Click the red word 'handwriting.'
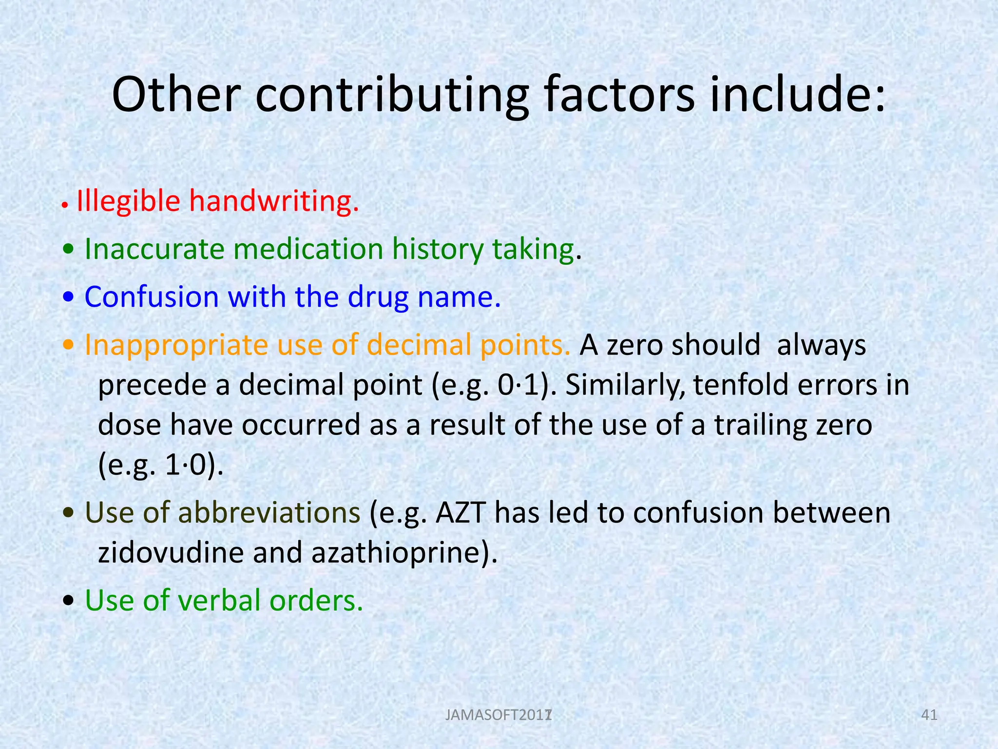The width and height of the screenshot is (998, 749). click(x=274, y=201)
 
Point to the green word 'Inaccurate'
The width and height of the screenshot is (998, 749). click(x=154, y=249)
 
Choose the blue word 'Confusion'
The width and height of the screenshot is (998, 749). click(x=152, y=297)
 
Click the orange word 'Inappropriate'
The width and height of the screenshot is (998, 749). click(x=176, y=345)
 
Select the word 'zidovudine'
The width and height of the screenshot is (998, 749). click(x=171, y=553)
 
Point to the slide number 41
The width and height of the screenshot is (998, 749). click(x=929, y=715)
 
